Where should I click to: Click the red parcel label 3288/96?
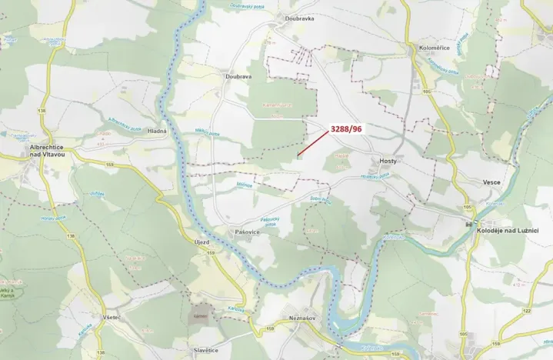tap(345, 129)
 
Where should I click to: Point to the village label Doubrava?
tap(239, 77)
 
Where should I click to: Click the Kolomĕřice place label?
tap(434, 48)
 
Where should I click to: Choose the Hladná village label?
tap(157, 132)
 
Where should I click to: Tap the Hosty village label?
tap(388, 161)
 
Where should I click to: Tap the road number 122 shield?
tap(527, 310)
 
